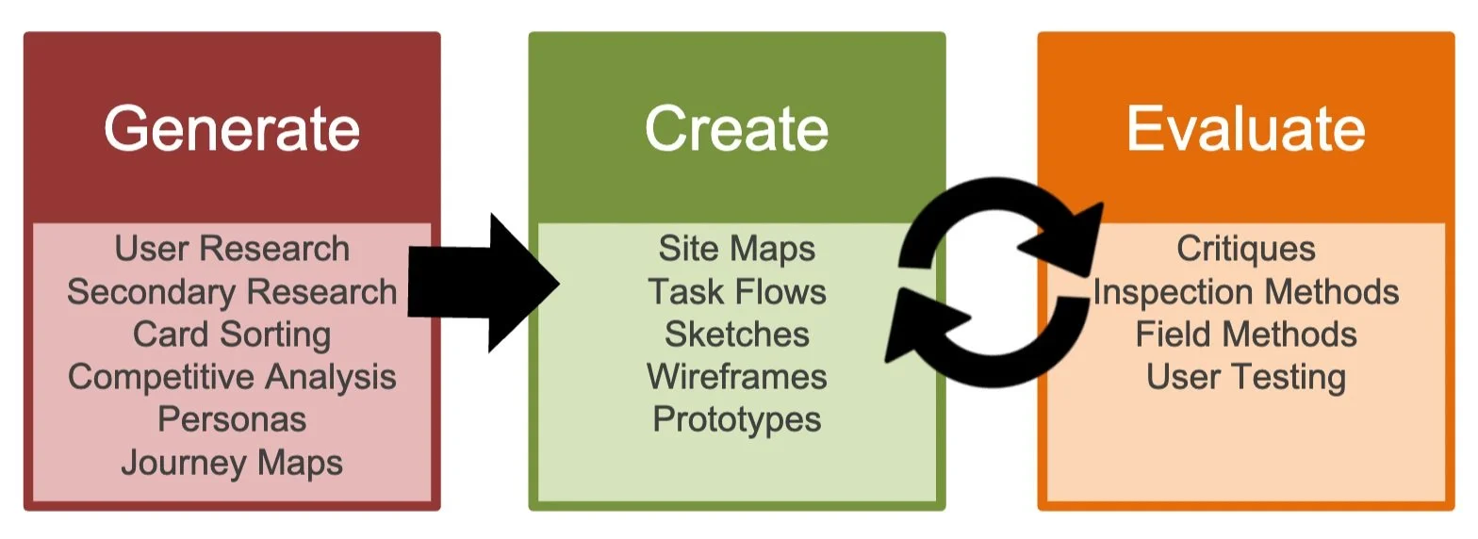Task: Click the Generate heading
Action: [x=232, y=128]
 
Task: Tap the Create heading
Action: [x=736, y=128]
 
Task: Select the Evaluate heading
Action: [x=1245, y=128]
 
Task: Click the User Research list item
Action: [x=232, y=249]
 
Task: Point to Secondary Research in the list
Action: [x=232, y=291]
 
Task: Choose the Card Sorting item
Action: [x=232, y=335]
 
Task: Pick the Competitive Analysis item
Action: [x=232, y=377]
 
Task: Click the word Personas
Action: [x=232, y=419]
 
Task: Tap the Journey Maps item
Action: [x=232, y=463]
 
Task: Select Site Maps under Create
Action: [x=736, y=249]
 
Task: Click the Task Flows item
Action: [x=736, y=291]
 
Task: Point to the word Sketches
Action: [x=736, y=335]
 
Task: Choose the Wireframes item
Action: [x=736, y=377]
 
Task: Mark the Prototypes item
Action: [x=736, y=419]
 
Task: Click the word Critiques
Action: [x=1245, y=249]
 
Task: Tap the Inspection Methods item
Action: [x=1245, y=291]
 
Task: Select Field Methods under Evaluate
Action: [x=1245, y=335]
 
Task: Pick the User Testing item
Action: [x=1245, y=377]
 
